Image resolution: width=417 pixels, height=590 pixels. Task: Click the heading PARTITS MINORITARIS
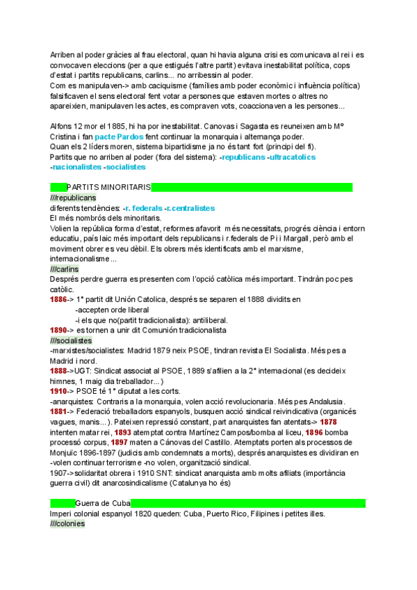pos(108,187)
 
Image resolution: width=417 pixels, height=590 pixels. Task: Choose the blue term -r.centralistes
pos(190,208)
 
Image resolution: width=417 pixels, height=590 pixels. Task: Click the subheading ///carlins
pos(65,269)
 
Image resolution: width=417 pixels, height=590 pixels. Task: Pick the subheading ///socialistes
pos(71,340)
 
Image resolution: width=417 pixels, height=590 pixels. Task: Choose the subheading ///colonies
pos(67,524)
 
